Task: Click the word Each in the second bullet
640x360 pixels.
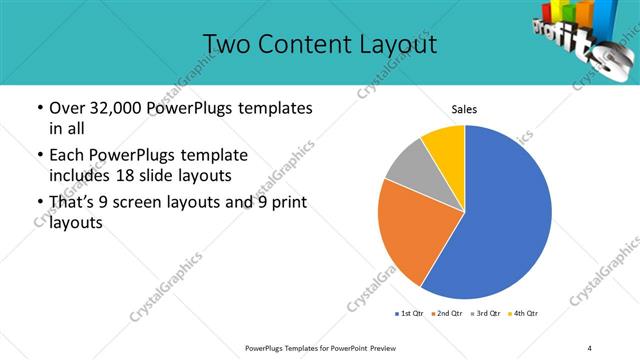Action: click(x=67, y=155)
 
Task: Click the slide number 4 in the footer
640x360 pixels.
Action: click(x=590, y=347)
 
